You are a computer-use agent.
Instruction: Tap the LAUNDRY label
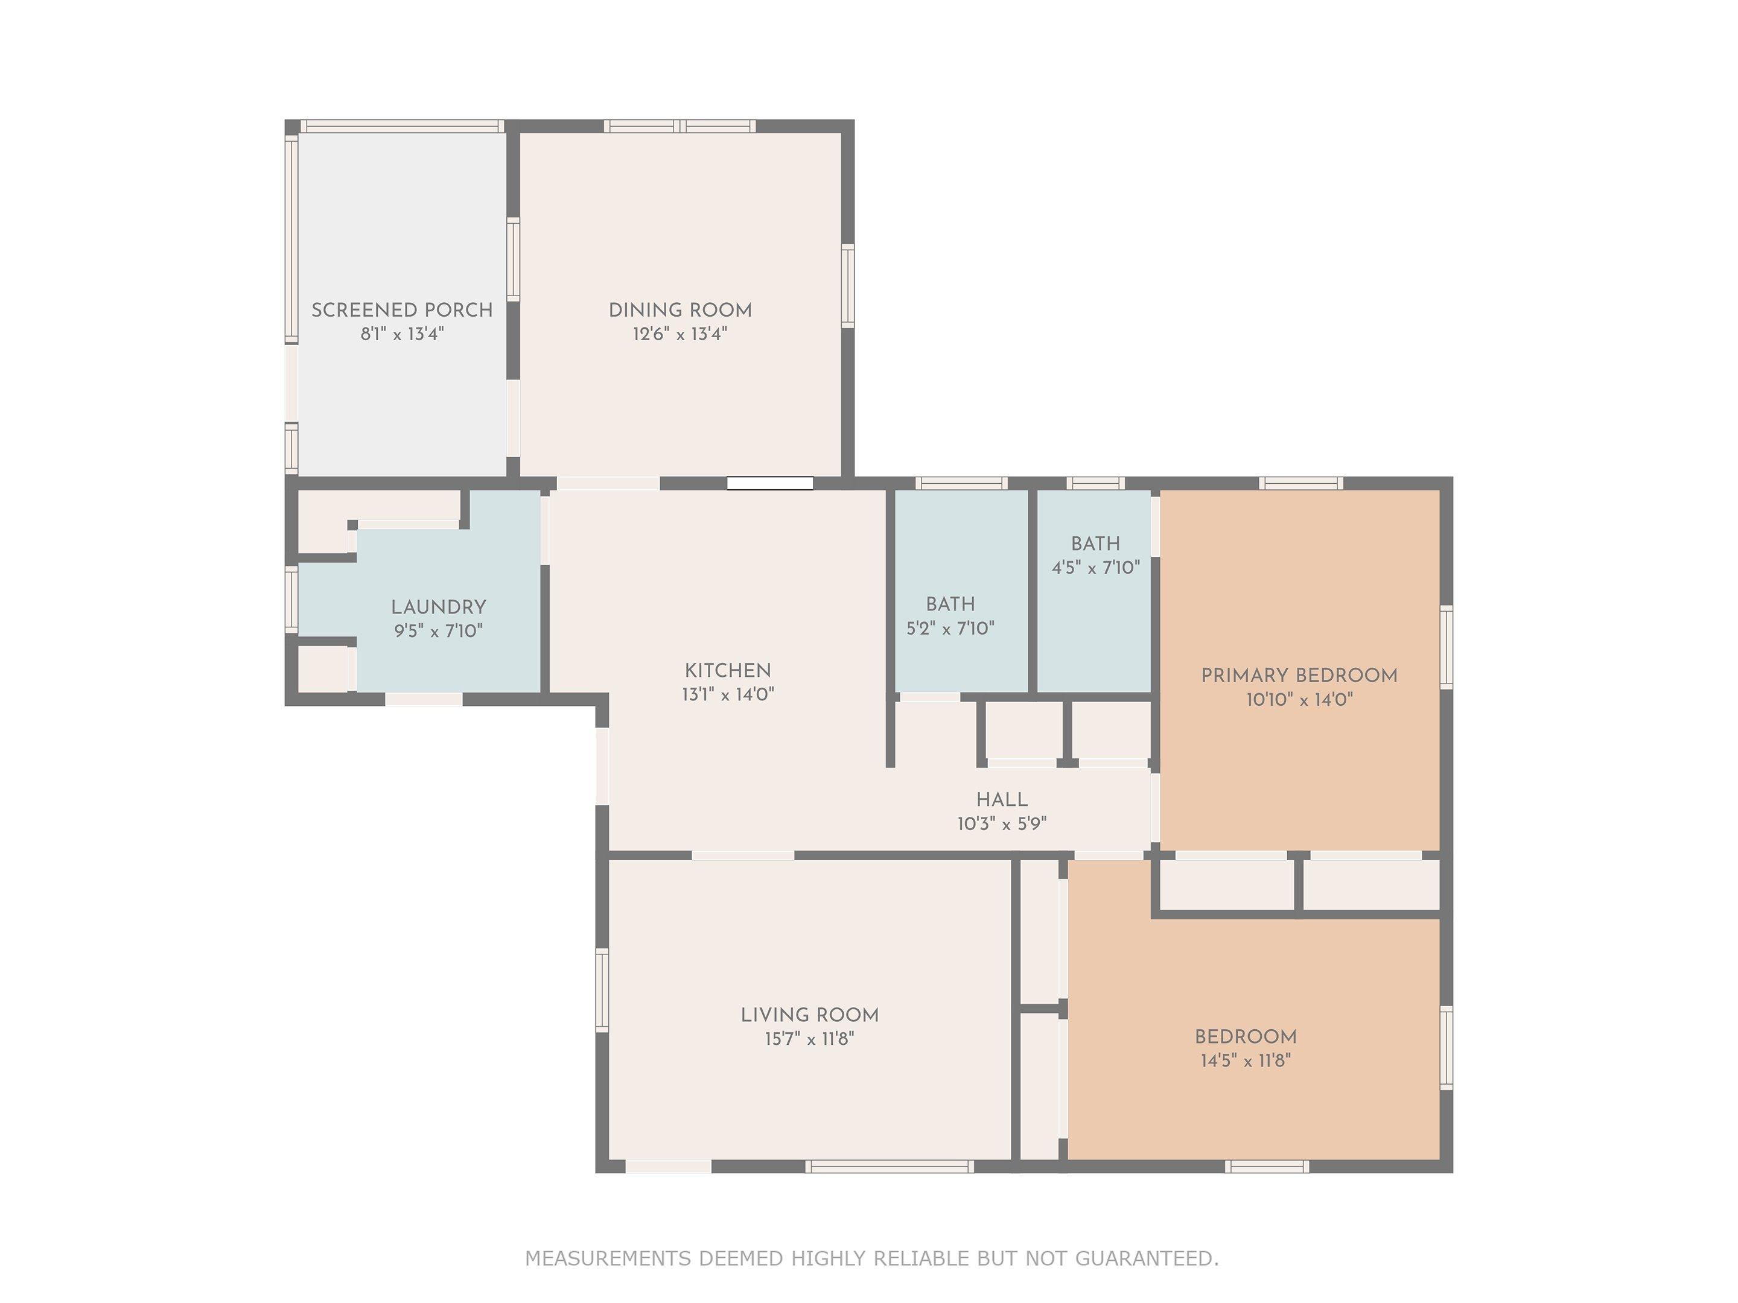439,607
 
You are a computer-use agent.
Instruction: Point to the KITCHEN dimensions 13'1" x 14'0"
728,694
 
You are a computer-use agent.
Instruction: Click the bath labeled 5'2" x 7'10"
950,616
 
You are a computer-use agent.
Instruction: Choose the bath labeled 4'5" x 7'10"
1095,556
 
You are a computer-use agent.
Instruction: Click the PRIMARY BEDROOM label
1299,676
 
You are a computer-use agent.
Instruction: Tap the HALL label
1002,799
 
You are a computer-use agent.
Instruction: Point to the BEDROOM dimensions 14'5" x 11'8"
1246,1060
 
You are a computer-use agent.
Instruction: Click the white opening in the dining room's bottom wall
769,484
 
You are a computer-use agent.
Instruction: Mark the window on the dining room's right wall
848,285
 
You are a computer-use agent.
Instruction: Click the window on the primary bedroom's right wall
1446,647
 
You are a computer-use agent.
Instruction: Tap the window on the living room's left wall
602,990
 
